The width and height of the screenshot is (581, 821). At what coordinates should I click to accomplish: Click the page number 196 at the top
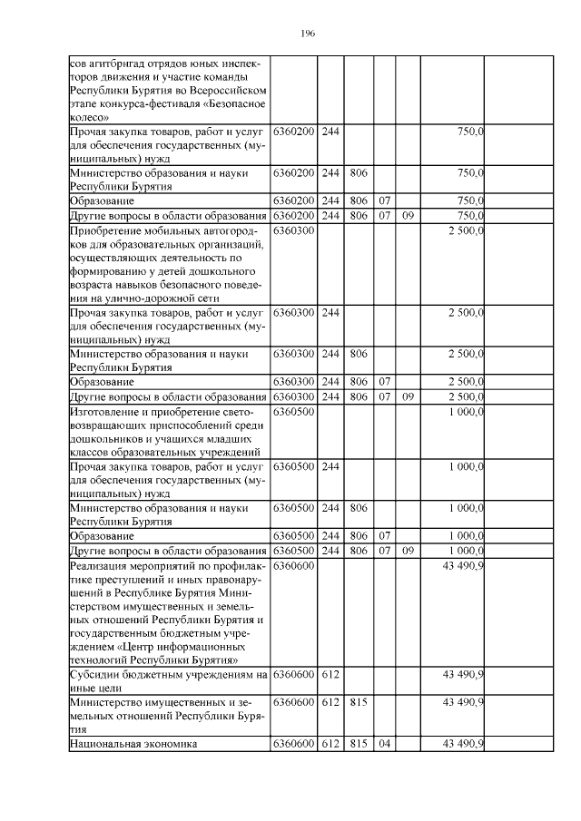[x=307, y=34]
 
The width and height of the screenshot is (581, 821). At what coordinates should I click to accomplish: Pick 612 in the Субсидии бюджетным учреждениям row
[x=330, y=675]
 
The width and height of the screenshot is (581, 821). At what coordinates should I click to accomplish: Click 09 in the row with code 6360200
[x=409, y=216]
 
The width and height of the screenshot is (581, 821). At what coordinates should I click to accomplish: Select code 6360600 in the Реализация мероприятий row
[x=293, y=566]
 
